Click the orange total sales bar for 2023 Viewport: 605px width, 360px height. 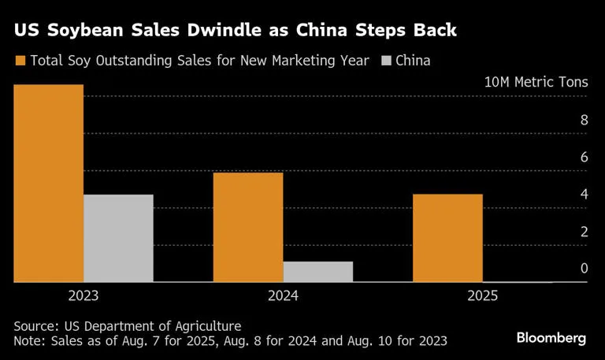tap(49, 183)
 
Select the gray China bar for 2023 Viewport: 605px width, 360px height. tap(118, 238)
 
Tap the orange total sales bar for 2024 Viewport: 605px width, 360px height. tap(248, 227)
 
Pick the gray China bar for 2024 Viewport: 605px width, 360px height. tap(317, 271)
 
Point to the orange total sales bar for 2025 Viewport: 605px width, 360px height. tap(447, 238)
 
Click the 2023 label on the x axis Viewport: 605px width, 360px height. tap(84, 296)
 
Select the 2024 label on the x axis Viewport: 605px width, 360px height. tap(283, 296)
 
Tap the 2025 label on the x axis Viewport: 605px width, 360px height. tap(482, 296)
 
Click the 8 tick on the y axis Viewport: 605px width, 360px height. tap(584, 120)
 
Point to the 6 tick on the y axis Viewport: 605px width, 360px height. tap(584, 157)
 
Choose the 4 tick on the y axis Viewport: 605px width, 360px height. tap(584, 194)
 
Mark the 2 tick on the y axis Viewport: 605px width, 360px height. tap(584, 231)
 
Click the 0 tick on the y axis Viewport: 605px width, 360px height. tap(584, 268)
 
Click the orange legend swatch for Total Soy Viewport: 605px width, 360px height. tap(20, 61)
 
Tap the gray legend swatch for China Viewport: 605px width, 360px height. tap(386, 61)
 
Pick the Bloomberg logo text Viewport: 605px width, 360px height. tap(551, 338)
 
